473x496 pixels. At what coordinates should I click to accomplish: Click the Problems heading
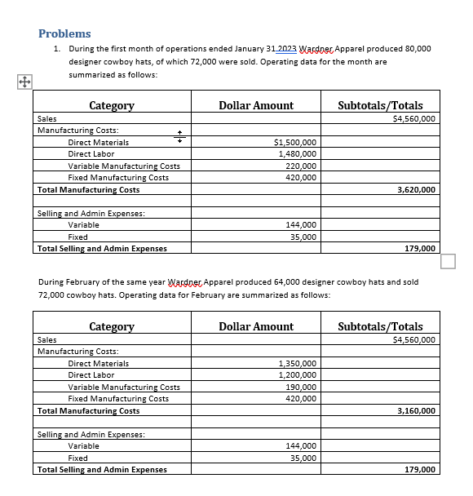(64, 33)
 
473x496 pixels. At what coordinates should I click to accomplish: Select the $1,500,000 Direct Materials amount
(297, 142)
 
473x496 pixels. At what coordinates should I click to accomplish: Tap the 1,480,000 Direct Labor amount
(298, 153)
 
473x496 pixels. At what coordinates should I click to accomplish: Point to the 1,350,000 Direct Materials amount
(298, 363)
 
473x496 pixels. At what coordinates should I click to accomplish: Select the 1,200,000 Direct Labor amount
(298, 374)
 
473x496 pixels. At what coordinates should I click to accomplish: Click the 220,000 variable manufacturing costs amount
(301, 166)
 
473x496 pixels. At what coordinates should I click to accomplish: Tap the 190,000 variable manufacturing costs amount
(301, 387)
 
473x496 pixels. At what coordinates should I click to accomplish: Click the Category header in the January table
(111, 105)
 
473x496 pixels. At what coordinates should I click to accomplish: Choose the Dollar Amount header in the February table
(256, 326)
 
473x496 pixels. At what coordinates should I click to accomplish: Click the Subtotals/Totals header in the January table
(380, 105)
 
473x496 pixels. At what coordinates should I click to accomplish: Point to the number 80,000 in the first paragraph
(416, 48)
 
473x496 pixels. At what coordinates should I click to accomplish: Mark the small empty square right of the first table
(447, 261)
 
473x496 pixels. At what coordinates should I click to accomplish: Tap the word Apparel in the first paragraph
(340, 48)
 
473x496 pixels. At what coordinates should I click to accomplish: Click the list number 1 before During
(56, 48)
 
